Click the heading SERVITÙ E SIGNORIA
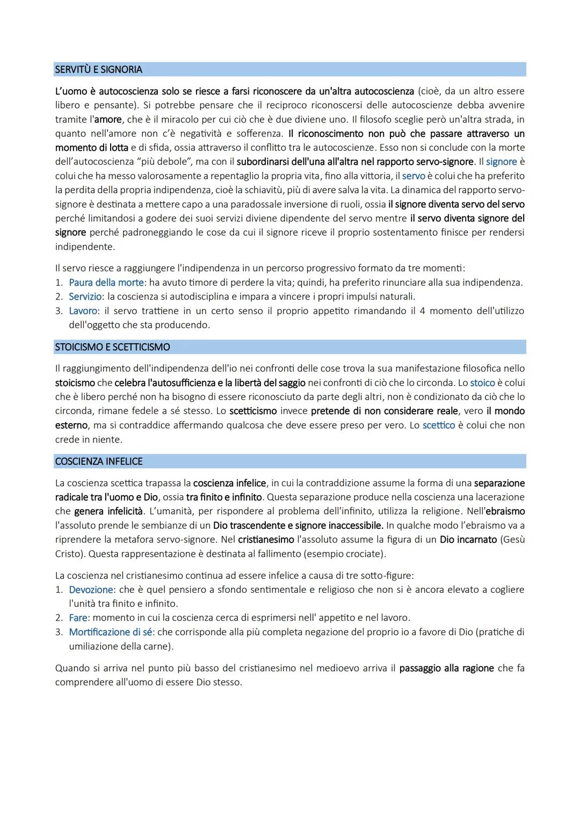point(98,70)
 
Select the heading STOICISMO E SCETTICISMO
point(112,347)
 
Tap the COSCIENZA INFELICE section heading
point(99,461)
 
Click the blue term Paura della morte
point(106,282)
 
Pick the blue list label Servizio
point(85,296)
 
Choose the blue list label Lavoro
point(83,311)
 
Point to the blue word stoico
point(482,383)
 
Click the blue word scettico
point(438,425)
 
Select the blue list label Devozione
point(91,590)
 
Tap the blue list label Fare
point(78,618)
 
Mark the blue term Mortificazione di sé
point(111,632)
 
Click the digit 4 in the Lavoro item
point(423,311)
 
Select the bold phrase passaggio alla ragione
point(446,669)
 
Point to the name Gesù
point(514,540)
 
